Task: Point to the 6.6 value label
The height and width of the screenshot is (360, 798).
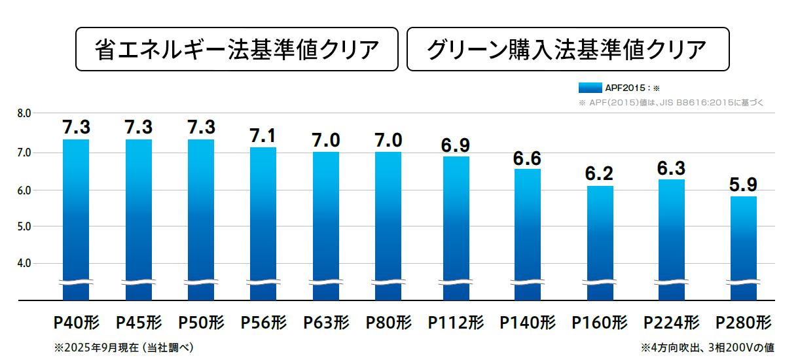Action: [528, 158]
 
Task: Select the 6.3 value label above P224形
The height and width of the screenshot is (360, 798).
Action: [672, 168]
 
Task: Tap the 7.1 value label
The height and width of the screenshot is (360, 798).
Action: [263, 136]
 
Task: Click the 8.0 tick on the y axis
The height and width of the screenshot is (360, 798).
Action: [24, 113]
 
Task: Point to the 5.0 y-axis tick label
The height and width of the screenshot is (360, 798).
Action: [24, 226]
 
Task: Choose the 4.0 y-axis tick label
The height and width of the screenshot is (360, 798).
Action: [24, 264]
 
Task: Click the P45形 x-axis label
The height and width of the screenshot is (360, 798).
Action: [139, 323]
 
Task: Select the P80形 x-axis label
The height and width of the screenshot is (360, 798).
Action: [389, 323]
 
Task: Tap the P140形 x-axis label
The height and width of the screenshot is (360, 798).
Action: [528, 323]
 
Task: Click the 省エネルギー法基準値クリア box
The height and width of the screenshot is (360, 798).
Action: [237, 49]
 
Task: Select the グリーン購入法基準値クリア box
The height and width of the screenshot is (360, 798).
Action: [567, 49]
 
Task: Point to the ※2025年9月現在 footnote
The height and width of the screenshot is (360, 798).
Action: [124, 347]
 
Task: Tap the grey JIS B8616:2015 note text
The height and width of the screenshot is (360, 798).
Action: [670, 103]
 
